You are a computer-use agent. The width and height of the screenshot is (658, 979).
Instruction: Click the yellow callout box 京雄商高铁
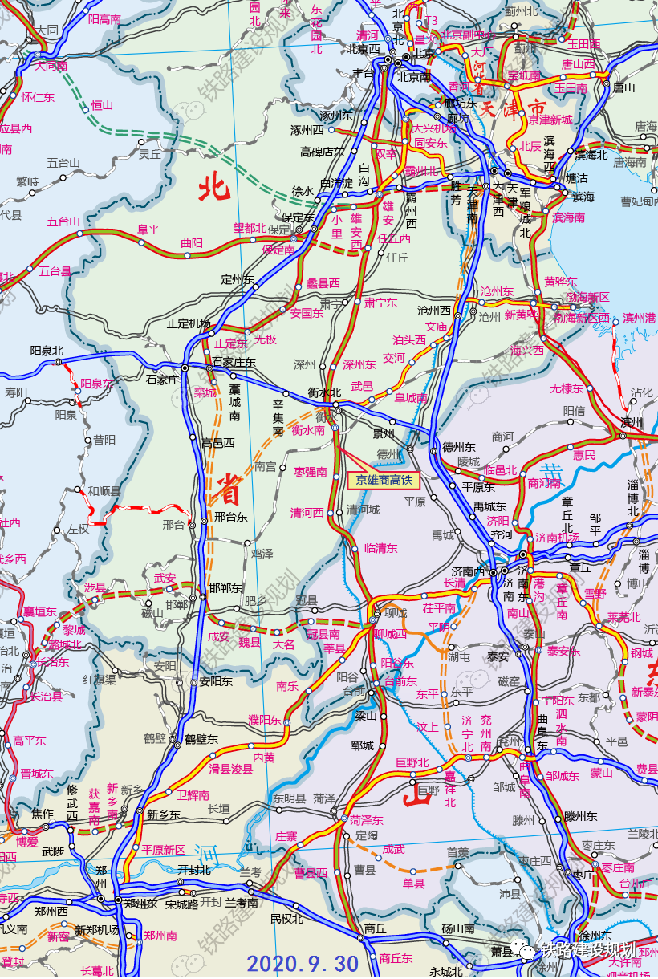point(384,480)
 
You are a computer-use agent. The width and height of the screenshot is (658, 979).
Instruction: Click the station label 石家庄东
point(234,363)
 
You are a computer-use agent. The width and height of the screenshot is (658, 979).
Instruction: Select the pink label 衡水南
point(308,430)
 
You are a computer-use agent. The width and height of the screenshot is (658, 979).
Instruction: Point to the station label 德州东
point(459,447)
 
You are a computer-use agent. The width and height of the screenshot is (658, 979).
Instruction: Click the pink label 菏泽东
point(367,820)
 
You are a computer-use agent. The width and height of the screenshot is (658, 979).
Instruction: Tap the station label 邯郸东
point(225,587)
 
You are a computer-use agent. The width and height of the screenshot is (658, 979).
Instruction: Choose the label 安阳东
point(216,682)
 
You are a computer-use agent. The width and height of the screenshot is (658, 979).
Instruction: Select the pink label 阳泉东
point(98,384)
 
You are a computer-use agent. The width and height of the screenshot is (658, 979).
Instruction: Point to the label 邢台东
point(230,517)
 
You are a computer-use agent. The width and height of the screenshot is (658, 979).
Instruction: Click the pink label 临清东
point(381,548)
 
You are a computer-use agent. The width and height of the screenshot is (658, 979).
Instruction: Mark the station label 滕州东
point(580,816)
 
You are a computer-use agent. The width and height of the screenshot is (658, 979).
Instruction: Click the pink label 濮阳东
point(265,719)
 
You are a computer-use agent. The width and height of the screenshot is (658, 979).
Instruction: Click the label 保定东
point(298,217)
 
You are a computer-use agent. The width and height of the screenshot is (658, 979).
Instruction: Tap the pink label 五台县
point(55,271)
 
